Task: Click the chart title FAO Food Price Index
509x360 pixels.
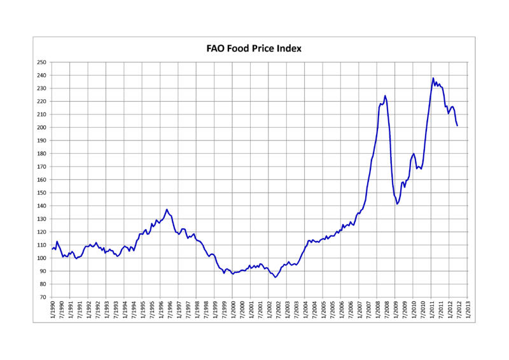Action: [x=254, y=48]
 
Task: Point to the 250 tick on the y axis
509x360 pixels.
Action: [x=41, y=62]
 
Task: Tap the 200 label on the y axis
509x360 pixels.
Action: [x=41, y=127]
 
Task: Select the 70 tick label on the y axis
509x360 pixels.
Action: [x=43, y=297]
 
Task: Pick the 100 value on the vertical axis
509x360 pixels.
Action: [x=41, y=258]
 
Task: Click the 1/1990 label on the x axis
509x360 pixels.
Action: [x=53, y=310]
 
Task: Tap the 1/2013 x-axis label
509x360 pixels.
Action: [x=468, y=310]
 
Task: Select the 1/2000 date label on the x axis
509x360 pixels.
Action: [x=234, y=310]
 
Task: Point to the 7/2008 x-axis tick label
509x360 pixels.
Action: [x=387, y=310]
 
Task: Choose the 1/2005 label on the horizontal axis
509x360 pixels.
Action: [x=324, y=310]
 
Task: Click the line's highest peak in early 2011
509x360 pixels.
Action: [x=433, y=78]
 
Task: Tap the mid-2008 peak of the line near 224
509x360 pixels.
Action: [x=385, y=95]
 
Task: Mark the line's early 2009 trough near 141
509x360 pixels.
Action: [x=396, y=204]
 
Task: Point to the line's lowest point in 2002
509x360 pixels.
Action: [x=275, y=277]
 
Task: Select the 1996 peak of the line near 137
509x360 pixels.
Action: [x=167, y=209]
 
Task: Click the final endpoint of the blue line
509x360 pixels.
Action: [x=457, y=125]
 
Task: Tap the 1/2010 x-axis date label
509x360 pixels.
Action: [x=414, y=310]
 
